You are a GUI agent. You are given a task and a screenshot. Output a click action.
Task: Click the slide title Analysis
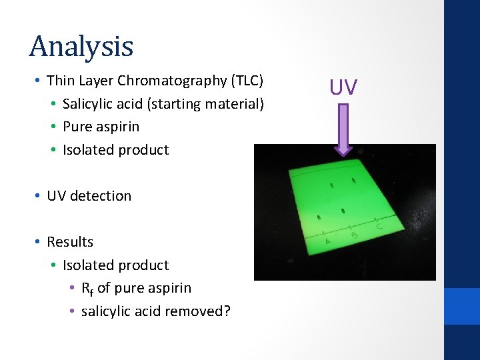[81, 46]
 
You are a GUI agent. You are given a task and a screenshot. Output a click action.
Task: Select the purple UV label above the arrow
[343, 87]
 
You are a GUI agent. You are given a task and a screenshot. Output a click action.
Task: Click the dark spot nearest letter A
[319, 217]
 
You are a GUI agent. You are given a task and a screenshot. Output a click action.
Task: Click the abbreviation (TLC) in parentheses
[247, 81]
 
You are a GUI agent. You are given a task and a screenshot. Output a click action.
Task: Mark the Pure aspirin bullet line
[101, 126]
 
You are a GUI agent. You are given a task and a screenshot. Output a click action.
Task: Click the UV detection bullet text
[89, 195]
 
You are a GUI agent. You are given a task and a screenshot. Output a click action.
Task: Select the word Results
[70, 241]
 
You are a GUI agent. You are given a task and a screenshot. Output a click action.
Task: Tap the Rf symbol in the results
[87, 288]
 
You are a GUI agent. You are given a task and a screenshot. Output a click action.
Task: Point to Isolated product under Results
[115, 265]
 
